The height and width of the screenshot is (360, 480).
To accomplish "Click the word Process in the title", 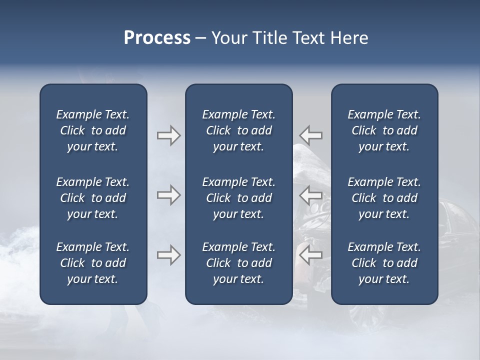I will point(157,38).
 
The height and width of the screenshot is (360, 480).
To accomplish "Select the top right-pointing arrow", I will point(168,135).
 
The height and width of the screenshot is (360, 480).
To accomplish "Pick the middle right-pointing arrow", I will point(168,195).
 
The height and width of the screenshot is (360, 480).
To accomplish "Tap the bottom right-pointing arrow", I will point(168,255).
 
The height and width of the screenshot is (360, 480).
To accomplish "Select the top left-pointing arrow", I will point(310,135).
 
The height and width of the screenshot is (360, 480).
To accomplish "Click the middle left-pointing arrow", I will point(310,195).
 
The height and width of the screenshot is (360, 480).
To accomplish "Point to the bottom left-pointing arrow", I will point(310,255).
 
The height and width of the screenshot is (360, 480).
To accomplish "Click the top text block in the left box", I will point(92,130).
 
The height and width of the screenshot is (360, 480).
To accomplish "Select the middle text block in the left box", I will point(92,198).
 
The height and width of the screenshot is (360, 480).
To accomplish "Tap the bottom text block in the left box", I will point(92,263).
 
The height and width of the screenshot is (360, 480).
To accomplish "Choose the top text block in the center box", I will point(238,130).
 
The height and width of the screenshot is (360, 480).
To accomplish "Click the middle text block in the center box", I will point(238,198).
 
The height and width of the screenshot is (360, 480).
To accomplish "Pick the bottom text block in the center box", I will point(238,263).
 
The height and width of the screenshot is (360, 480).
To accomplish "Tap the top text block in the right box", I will point(384,130).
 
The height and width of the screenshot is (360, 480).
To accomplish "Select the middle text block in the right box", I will point(384,198).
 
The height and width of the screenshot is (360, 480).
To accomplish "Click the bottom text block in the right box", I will point(384,263).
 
